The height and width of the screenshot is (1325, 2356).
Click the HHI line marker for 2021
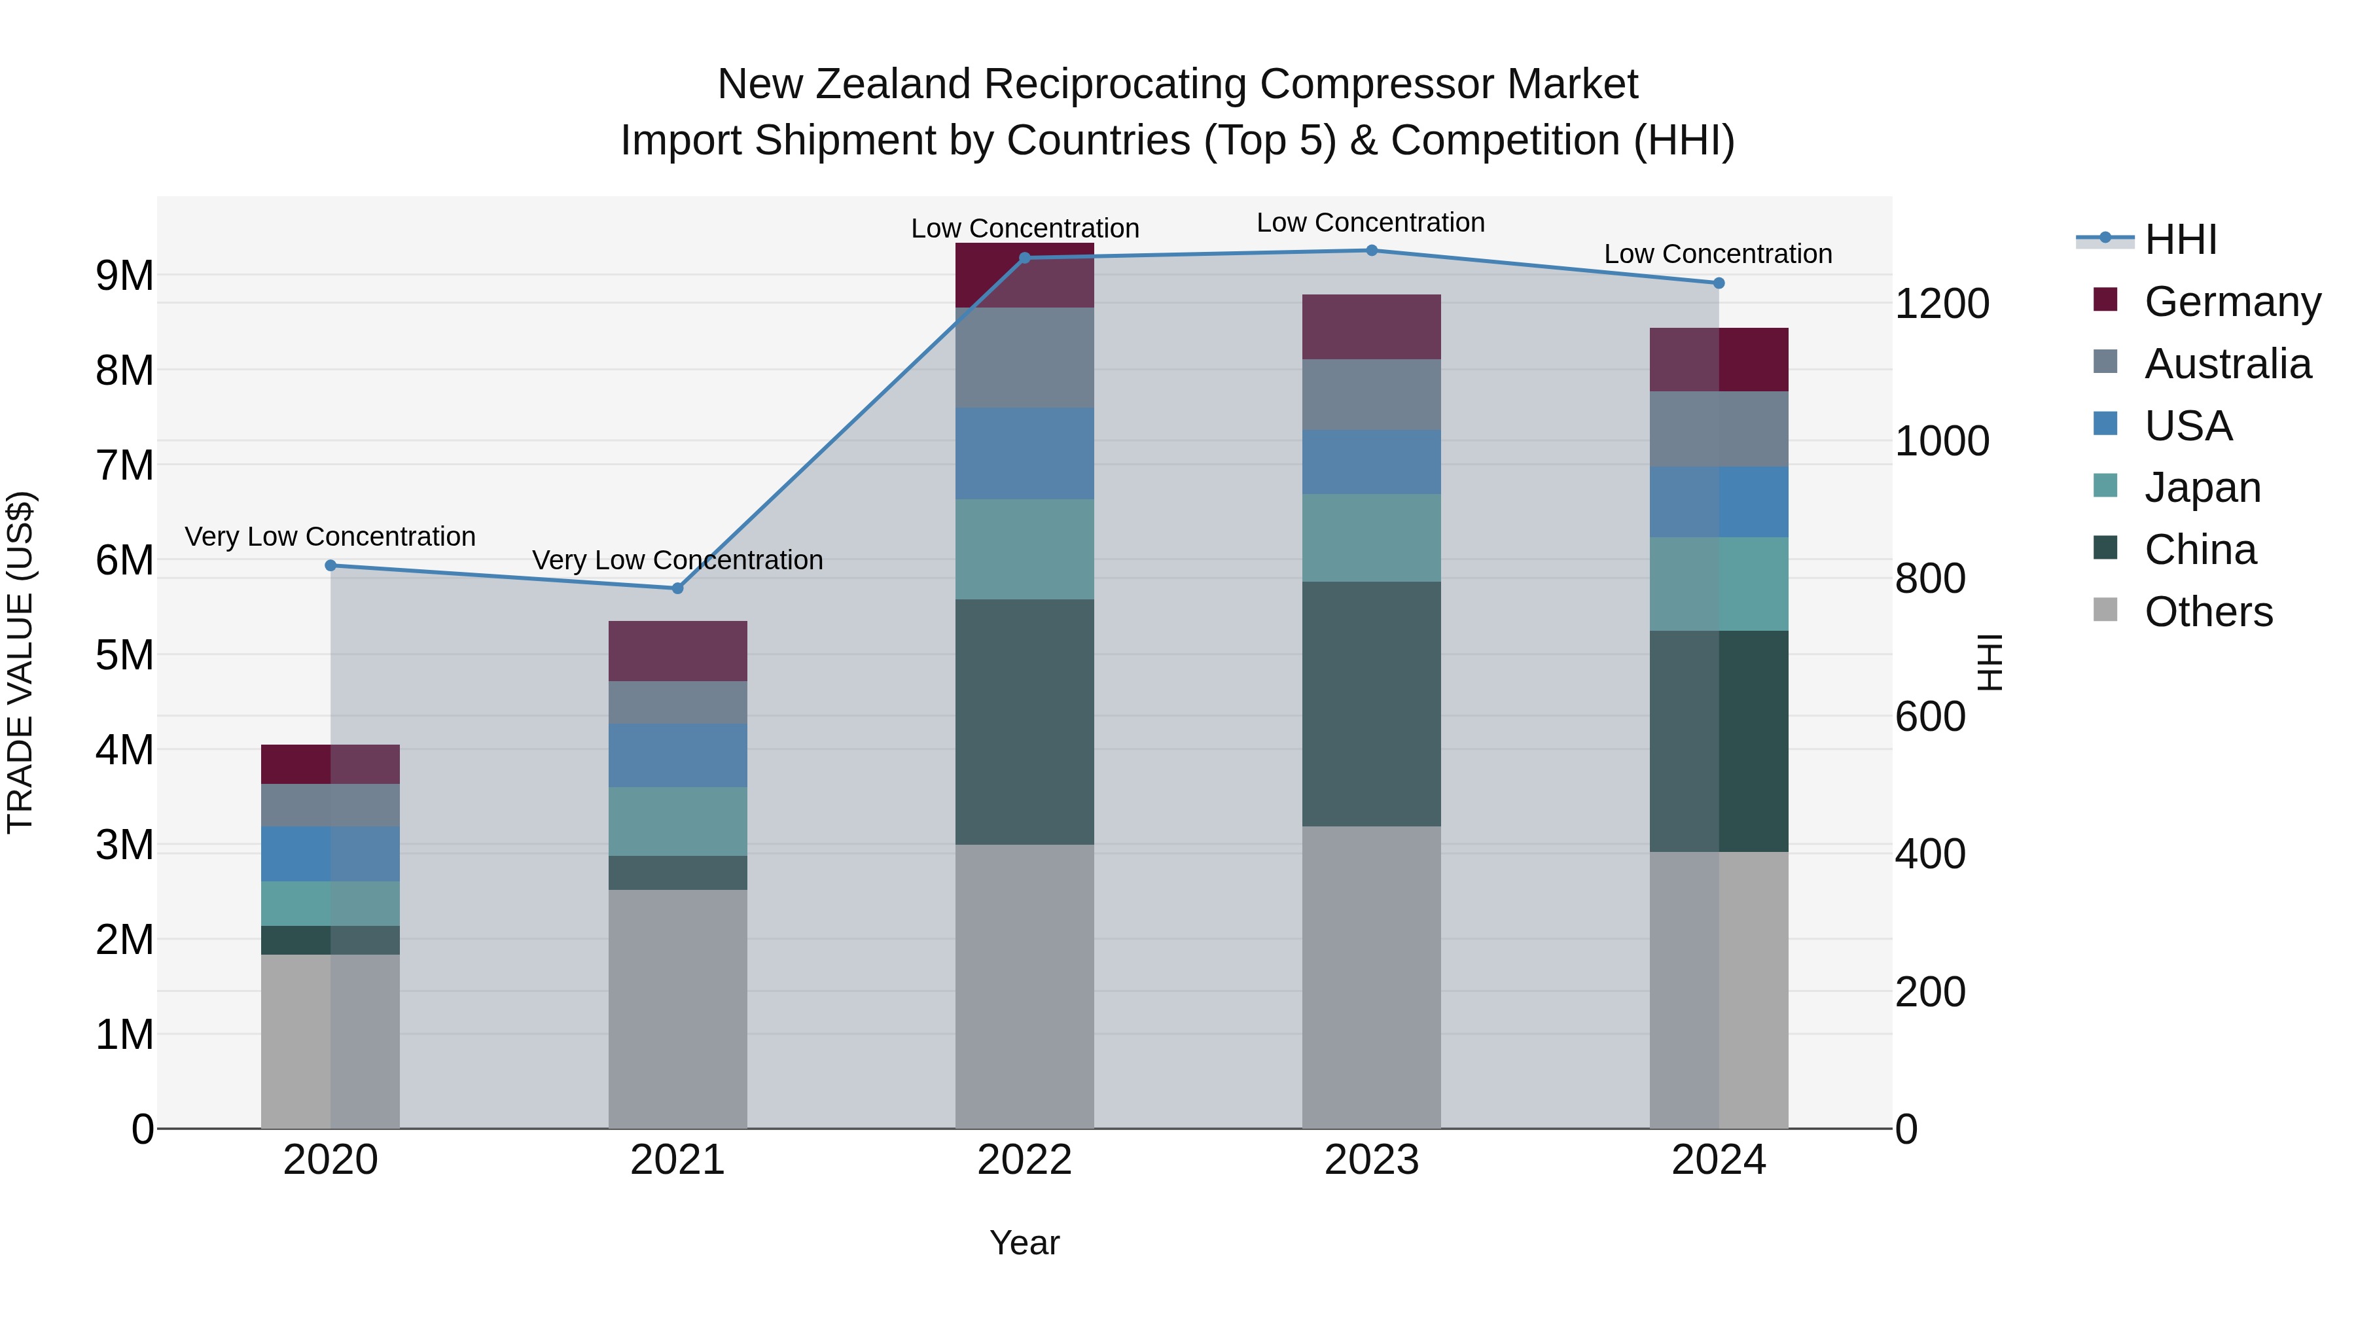(678, 588)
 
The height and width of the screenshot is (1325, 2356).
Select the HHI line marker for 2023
(1371, 251)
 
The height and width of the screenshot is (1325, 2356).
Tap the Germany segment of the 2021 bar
(678, 651)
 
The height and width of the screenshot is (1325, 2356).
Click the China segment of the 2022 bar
(1024, 722)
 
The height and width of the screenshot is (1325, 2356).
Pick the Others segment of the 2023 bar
(1371, 977)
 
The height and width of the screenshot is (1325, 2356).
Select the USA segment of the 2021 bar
(678, 755)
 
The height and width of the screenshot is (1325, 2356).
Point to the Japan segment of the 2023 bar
(1371, 538)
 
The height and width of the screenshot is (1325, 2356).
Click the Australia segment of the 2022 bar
(1024, 357)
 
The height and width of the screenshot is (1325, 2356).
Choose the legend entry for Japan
(2202, 487)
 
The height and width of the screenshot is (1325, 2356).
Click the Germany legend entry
(2232, 302)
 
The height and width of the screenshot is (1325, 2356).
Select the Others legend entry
(2207, 612)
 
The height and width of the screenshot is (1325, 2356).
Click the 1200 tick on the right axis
(1942, 304)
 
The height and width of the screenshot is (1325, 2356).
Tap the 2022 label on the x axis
(1024, 1159)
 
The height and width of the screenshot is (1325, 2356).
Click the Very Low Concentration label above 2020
(330, 537)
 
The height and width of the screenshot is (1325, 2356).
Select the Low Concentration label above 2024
(1718, 255)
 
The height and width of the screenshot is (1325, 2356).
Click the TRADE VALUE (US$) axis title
(20, 662)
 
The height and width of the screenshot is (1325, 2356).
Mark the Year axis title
(1024, 1243)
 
